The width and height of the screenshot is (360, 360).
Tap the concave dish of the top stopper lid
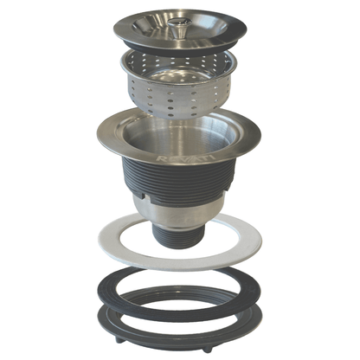pyautogui.click(x=156, y=27)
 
